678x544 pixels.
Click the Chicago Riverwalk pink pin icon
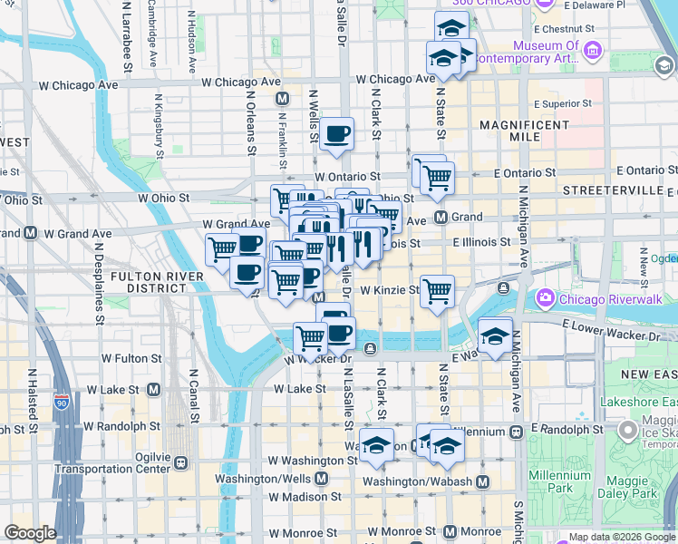point(546,296)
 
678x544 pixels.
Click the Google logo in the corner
point(29,533)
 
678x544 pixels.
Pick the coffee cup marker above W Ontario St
point(336,135)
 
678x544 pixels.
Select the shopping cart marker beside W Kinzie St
point(437,292)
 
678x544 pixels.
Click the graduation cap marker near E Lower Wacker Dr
point(495,335)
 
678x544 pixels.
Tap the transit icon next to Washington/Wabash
point(482,481)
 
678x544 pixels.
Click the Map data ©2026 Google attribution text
point(621,537)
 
